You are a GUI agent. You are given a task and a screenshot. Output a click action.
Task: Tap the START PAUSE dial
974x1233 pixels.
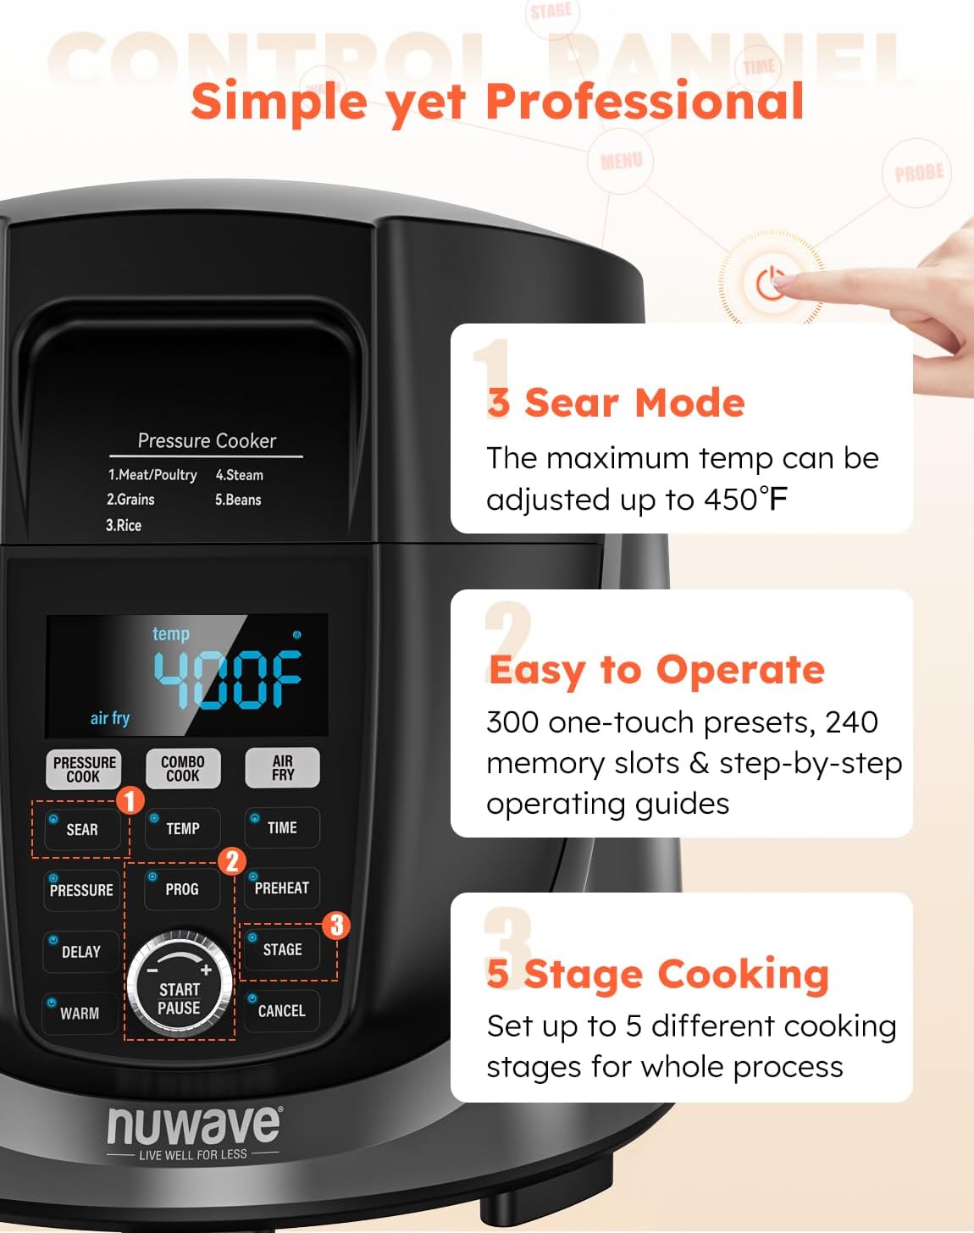point(180,987)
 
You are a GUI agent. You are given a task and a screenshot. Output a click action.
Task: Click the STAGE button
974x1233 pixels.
point(281,950)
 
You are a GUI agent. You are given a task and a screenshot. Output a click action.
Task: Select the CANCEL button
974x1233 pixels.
point(281,1011)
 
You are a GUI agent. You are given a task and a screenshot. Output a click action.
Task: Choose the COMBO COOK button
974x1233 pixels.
point(183,769)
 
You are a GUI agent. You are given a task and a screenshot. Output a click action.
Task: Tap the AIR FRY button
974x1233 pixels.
point(283,768)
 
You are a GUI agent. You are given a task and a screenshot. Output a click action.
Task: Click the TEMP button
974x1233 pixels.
point(182,829)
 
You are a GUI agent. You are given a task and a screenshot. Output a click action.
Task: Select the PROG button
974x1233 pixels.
point(181,889)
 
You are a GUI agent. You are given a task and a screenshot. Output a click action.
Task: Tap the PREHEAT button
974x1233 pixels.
point(281,888)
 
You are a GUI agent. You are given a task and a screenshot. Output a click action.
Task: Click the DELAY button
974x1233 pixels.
point(80,952)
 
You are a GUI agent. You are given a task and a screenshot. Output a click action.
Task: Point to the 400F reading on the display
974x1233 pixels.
point(227,679)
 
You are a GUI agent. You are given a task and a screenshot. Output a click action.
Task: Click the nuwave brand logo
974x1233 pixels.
point(193,1126)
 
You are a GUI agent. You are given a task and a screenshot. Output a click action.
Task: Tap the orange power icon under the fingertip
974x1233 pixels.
point(770,284)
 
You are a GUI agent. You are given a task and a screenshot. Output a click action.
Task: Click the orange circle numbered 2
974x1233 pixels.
point(232,862)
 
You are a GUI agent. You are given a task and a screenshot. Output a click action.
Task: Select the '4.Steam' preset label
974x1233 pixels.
point(239,475)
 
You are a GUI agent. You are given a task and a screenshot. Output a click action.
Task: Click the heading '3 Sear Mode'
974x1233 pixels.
point(616,402)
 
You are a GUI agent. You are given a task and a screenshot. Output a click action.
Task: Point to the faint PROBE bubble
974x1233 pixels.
point(918,174)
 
